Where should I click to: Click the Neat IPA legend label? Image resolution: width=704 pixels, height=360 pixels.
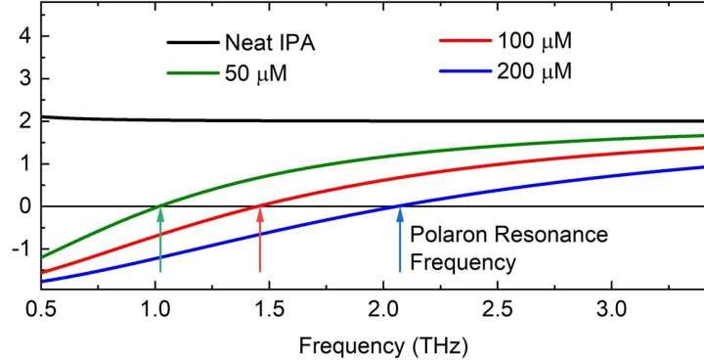coord(271,44)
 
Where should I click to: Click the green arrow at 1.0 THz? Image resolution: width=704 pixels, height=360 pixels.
coord(160,240)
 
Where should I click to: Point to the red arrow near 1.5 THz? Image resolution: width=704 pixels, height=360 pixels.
coord(259,240)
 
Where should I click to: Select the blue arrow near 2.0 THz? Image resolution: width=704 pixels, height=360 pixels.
coord(399,240)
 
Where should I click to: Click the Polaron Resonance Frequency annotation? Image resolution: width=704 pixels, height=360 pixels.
coord(508,249)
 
